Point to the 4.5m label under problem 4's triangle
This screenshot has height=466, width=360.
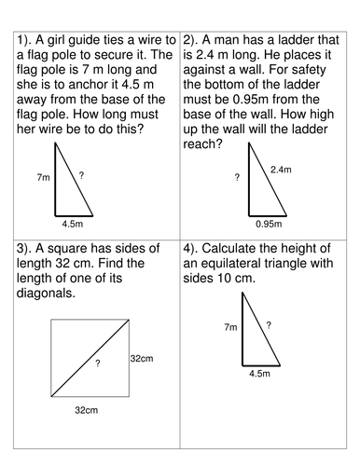(x=259, y=374)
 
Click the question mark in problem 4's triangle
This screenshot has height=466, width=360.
(x=269, y=324)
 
